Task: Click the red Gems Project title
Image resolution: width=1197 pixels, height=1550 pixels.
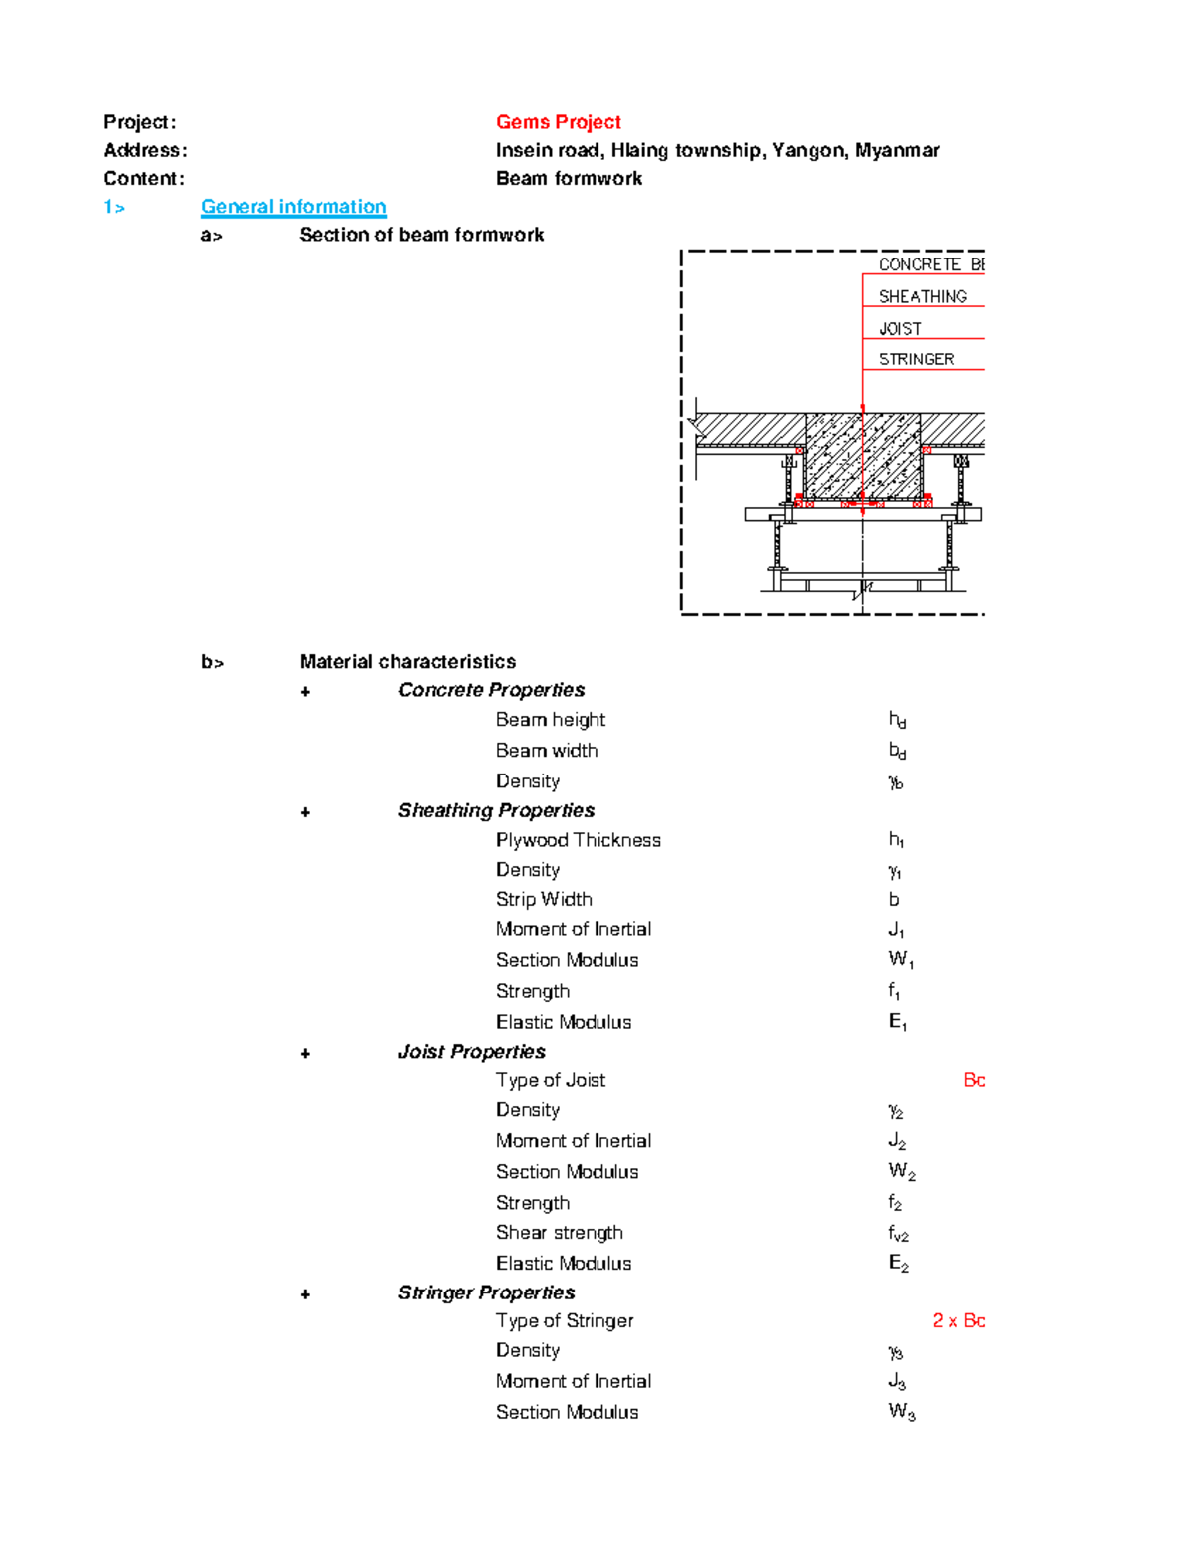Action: coord(558,122)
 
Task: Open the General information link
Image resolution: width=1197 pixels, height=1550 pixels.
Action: coord(293,207)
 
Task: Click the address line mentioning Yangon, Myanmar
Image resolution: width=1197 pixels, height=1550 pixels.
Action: coord(716,150)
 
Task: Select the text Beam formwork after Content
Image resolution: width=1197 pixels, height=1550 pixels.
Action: coord(569,179)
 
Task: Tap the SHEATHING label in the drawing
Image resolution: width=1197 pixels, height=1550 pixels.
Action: coord(922,296)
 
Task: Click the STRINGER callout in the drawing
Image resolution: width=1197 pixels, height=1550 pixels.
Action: coord(916,359)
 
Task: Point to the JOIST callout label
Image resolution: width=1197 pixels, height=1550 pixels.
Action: coord(900,328)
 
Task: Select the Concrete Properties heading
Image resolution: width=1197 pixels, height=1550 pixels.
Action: coord(491,690)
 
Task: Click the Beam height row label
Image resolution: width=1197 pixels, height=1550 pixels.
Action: coord(550,720)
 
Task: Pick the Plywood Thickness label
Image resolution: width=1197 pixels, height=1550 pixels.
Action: coord(578,840)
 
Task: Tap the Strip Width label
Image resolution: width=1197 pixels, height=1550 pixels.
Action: coord(544,899)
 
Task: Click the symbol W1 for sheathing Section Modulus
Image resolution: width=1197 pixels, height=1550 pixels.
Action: coord(900,960)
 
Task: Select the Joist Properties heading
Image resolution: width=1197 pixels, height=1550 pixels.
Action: coord(471,1052)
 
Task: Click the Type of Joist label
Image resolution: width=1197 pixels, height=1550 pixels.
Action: coord(550,1080)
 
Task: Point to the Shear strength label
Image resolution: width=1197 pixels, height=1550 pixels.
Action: coord(559,1233)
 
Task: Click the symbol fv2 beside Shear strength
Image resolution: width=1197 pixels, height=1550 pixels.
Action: coord(898,1234)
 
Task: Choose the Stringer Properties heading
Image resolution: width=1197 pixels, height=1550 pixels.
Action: coord(486,1292)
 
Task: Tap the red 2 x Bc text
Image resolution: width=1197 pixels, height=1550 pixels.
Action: coord(958,1321)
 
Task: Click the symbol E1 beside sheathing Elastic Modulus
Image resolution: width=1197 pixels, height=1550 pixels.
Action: coord(897,1022)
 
